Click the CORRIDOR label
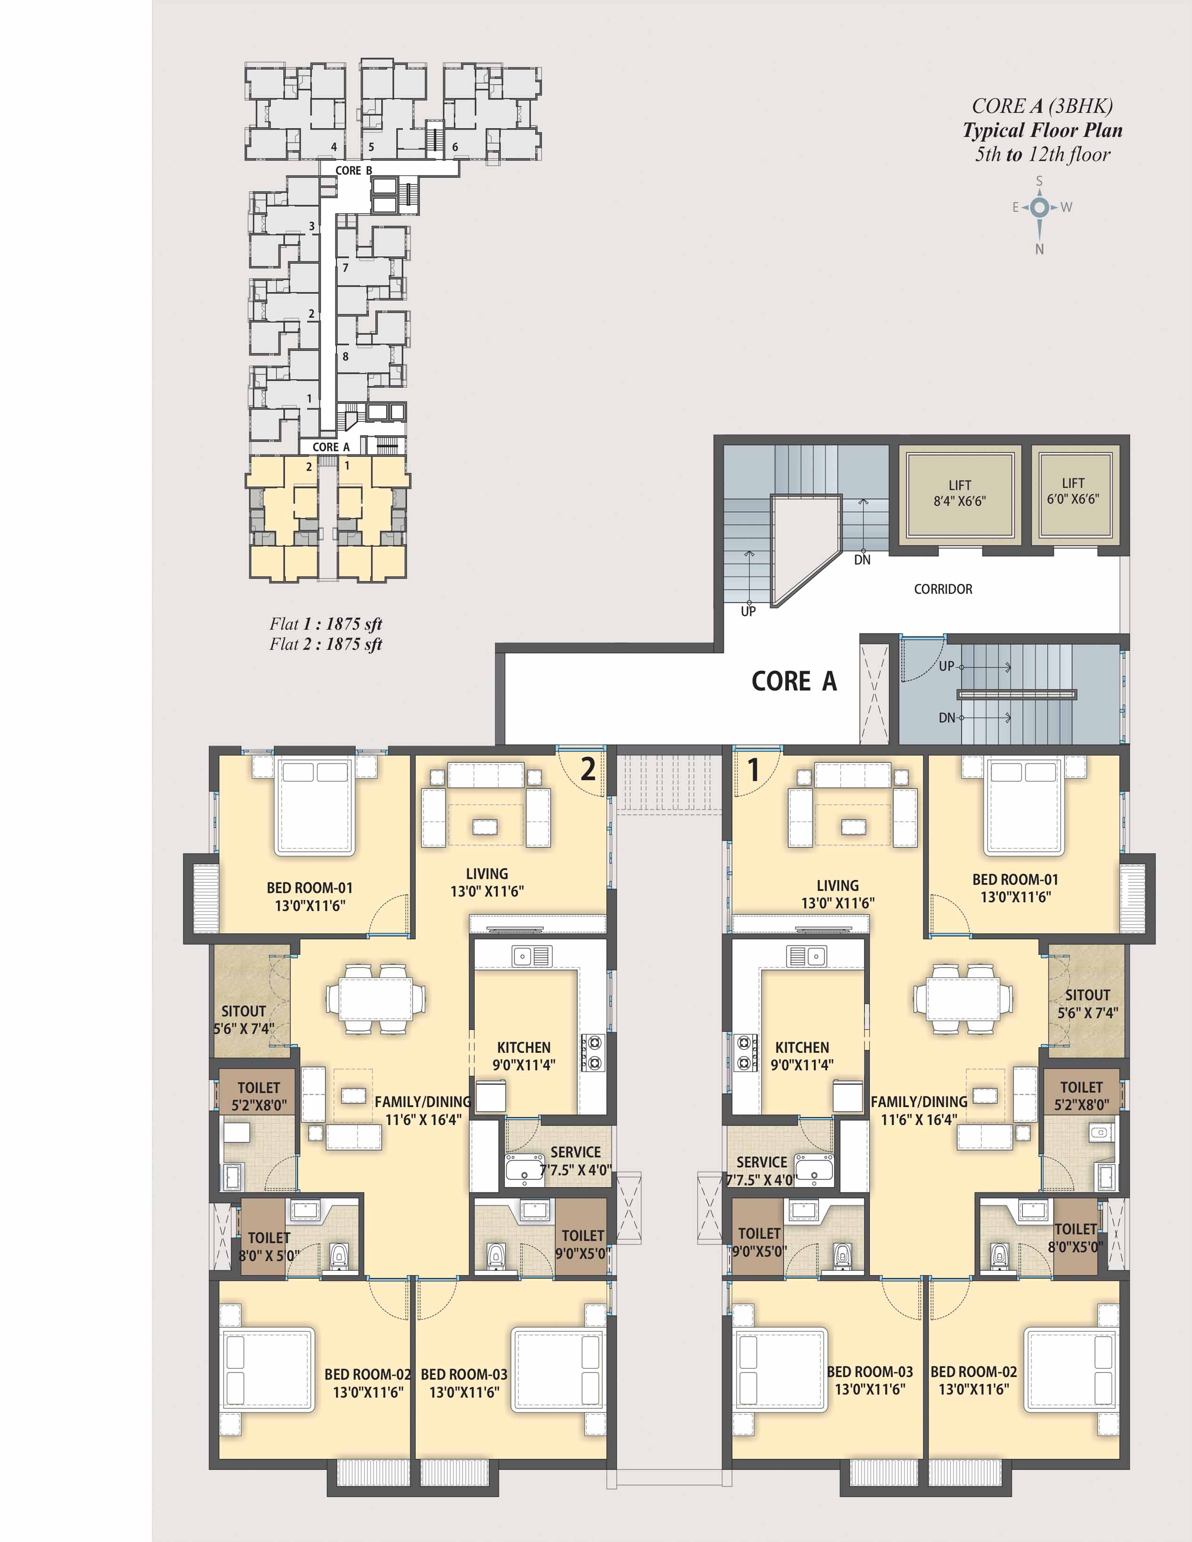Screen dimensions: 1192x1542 tap(943, 589)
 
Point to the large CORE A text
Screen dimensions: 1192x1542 tap(794, 681)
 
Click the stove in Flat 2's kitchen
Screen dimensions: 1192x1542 tap(592, 1053)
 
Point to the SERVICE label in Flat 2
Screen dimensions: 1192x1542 tap(576, 1152)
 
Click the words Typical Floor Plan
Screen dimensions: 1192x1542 tap(1042, 130)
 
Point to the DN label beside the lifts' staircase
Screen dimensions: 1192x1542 tap(862, 560)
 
